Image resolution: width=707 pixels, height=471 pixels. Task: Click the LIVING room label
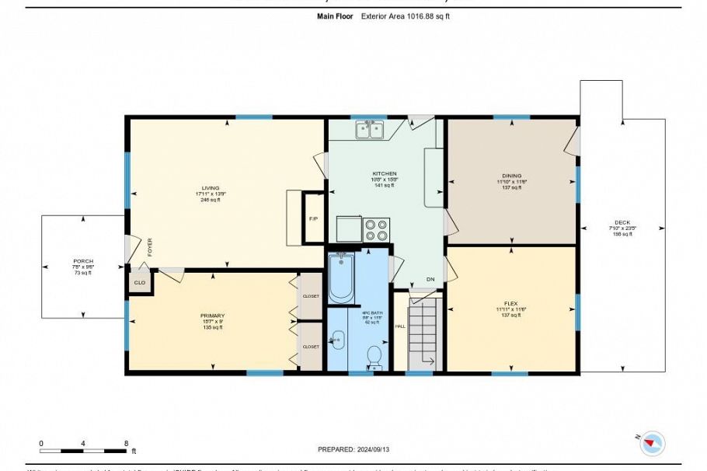211,188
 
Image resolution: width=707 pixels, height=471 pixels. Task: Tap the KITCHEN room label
385,173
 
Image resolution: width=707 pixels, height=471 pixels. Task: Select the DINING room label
511,176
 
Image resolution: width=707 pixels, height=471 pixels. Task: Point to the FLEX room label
511,303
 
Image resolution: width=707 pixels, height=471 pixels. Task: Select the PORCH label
83,261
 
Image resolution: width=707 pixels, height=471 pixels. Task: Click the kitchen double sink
371,130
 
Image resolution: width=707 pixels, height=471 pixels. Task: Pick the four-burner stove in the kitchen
377,229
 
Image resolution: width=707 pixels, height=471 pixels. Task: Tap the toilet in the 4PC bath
374,357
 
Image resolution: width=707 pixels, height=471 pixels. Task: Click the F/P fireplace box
313,218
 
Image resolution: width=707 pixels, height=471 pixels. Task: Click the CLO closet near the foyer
140,283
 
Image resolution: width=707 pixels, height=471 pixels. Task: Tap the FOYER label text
150,247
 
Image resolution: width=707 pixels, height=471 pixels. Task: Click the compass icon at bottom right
653,443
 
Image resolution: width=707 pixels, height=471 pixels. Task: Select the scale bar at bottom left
83,450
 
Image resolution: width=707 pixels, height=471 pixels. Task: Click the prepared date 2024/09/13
353,449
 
